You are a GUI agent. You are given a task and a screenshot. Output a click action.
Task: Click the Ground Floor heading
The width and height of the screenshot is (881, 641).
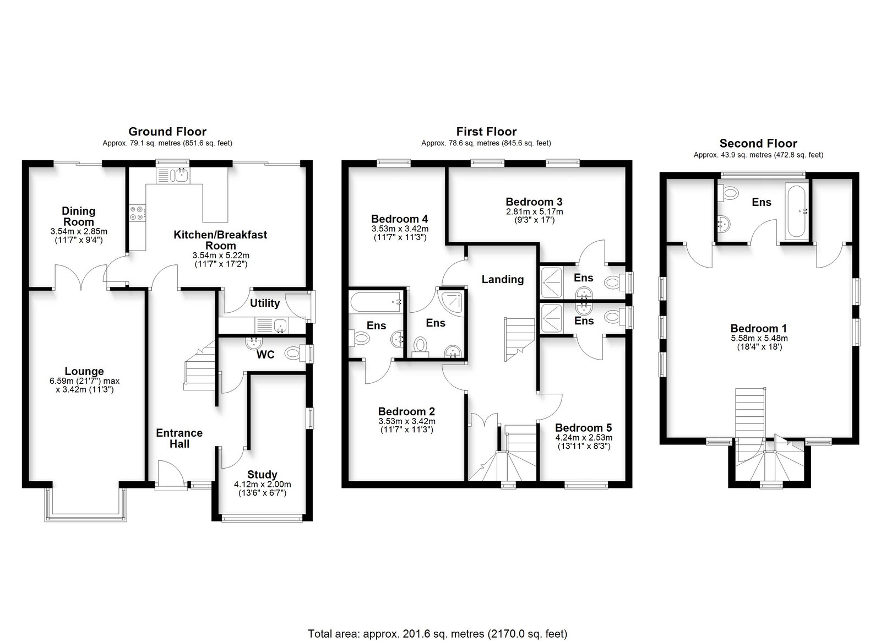pyautogui.click(x=167, y=132)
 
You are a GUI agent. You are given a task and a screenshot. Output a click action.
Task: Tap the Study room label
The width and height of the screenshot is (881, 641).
pyautogui.click(x=262, y=474)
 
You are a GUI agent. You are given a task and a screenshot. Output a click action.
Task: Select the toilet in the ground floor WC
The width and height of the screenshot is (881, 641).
pyautogui.click(x=295, y=353)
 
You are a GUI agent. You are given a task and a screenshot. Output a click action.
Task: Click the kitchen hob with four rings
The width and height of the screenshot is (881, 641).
pyautogui.click(x=137, y=213)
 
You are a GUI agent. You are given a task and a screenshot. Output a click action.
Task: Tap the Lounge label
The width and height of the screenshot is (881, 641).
pyautogui.click(x=84, y=371)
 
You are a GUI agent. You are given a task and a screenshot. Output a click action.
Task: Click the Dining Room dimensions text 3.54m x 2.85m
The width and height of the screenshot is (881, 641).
pyautogui.click(x=79, y=232)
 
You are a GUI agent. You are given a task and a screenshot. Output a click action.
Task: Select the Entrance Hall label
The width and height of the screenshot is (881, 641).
pyautogui.click(x=180, y=438)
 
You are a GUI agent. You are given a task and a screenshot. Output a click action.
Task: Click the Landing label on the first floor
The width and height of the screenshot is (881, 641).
pyautogui.click(x=503, y=279)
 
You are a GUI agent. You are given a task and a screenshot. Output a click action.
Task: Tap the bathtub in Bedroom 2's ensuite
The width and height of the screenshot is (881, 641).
pyautogui.click(x=376, y=302)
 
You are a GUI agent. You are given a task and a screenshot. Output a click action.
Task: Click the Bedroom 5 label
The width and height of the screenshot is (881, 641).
pyautogui.click(x=584, y=427)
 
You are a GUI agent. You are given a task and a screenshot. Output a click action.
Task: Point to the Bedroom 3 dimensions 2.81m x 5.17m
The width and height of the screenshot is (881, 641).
pyautogui.click(x=534, y=211)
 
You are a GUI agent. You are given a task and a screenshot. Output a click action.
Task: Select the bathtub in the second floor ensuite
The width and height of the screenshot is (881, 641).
pyautogui.click(x=796, y=211)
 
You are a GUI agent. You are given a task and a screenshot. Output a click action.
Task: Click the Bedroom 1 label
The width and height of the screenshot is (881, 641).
pyautogui.click(x=759, y=328)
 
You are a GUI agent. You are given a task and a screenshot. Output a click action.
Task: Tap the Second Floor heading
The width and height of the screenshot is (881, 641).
pyautogui.click(x=758, y=144)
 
